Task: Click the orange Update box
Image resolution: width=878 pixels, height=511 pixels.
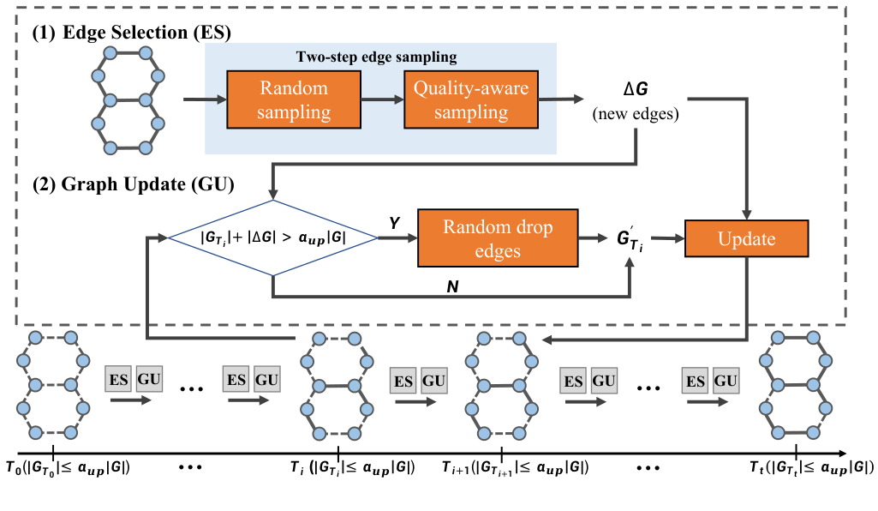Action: pos(746,239)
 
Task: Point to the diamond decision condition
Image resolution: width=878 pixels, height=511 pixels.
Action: pos(272,238)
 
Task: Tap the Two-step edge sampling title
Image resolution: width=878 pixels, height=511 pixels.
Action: pos(376,57)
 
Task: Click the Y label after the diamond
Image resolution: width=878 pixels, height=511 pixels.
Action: pos(395,223)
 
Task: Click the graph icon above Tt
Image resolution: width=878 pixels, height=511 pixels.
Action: pos(797,382)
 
